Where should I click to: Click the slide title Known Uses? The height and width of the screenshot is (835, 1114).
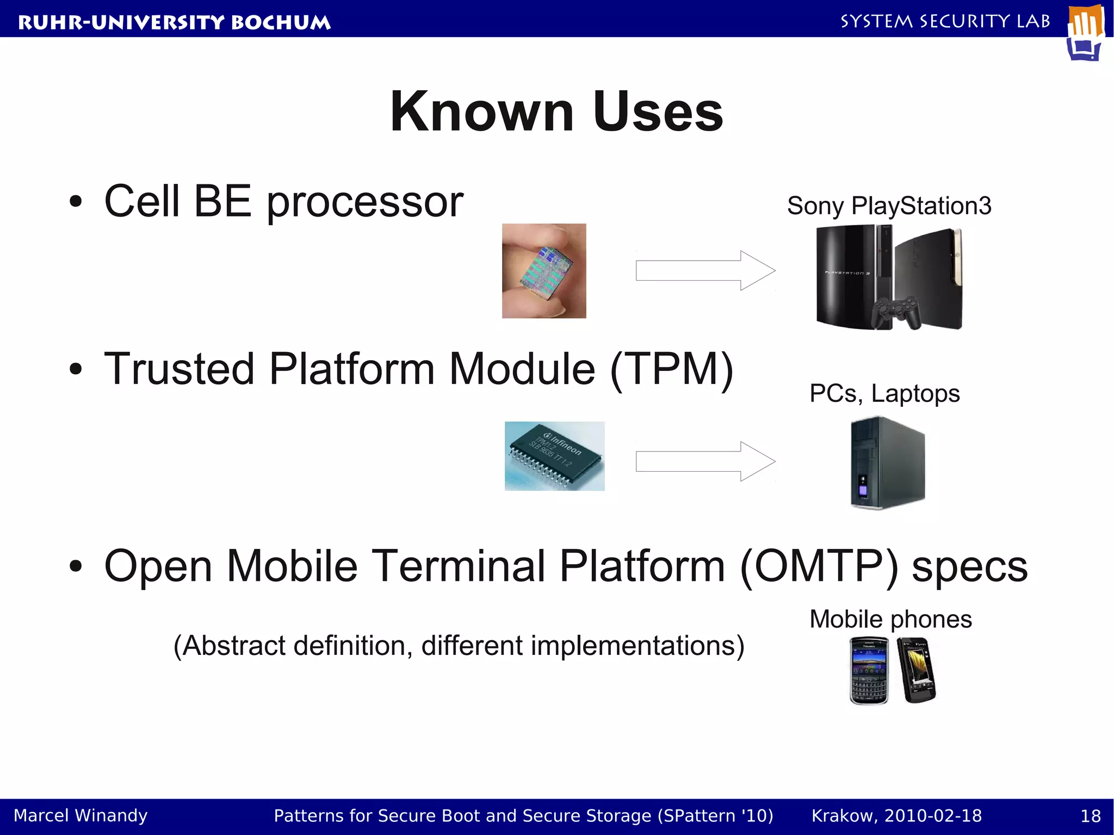tap(556, 112)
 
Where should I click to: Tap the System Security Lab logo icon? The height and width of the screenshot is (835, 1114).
tap(1085, 33)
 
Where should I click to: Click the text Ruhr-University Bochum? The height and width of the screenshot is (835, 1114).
tap(174, 22)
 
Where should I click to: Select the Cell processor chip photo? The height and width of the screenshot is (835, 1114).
tap(544, 271)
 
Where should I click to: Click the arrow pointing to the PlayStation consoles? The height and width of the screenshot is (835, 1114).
tap(705, 270)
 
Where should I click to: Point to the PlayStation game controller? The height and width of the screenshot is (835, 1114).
tap(896, 312)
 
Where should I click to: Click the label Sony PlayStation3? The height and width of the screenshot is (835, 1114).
tap(889, 206)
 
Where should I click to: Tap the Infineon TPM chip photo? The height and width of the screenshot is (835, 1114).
tap(554, 456)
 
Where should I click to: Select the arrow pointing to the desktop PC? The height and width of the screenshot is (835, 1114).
tap(705, 461)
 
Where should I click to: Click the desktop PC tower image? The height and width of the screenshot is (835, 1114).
tap(887, 463)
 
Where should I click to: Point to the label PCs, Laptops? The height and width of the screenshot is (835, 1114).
tap(884, 393)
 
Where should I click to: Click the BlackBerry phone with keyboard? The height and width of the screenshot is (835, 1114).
tap(869, 671)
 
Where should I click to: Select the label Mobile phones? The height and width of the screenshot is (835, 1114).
tap(890, 619)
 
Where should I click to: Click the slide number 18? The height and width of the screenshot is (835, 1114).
tap(1090, 816)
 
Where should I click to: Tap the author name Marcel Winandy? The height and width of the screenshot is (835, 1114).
tap(81, 815)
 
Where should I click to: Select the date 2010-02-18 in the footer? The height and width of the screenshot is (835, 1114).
tap(933, 816)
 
